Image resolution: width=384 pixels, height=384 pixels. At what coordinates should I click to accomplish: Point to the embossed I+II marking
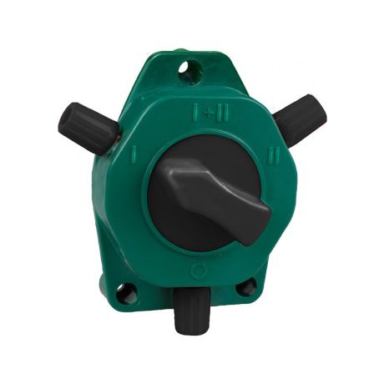[x=210, y=113]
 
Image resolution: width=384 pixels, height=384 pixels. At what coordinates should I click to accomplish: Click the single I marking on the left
[x=134, y=155]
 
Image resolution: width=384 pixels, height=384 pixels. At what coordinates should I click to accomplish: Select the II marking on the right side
[x=271, y=156]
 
